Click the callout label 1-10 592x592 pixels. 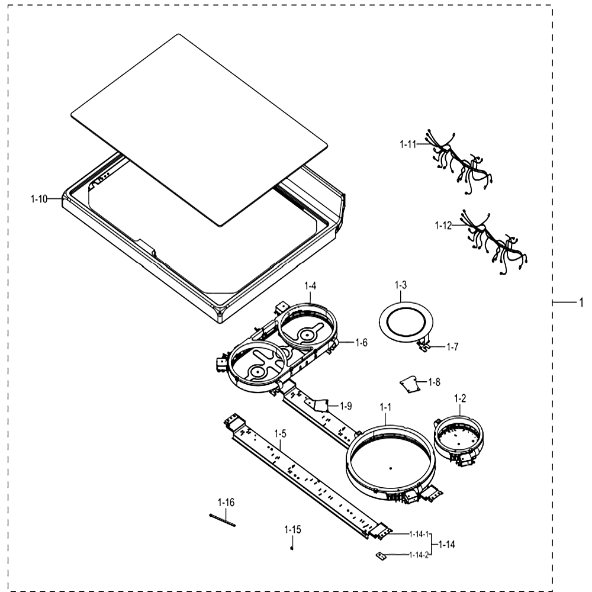39,199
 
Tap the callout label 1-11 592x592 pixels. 408,144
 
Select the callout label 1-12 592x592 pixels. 443,226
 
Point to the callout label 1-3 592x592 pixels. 401,285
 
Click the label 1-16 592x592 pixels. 226,503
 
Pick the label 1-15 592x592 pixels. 292,530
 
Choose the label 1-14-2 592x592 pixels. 419,555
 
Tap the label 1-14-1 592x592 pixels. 419,534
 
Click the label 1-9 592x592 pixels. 346,406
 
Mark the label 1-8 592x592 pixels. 434,382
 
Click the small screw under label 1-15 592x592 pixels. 292,548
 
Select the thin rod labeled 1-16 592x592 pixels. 223,520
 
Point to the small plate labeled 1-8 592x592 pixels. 410,385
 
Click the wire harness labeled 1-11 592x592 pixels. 459,162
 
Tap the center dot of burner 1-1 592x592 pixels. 391,468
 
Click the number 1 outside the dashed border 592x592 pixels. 581,303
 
